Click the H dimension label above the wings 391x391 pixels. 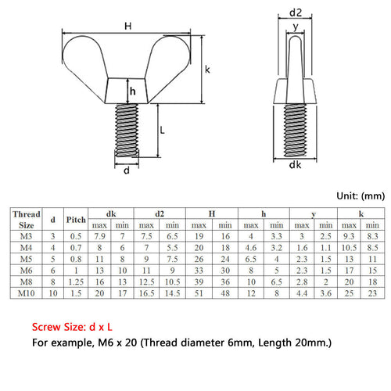pyautogui.click(x=127, y=26)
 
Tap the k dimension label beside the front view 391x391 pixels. pyautogui.click(x=207, y=70)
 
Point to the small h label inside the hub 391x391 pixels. pyautogui.click(x=133, y=91)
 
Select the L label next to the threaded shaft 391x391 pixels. pyautogui.click(x=162, y=130)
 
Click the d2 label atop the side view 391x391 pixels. pyautogui.click(x=296, y=13)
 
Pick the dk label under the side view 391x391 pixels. pyautogui.click(x=295, y=165)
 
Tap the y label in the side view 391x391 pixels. pyautogui.click(x=296, y=27)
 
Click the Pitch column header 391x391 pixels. pyautogui.click(x=76, y=220)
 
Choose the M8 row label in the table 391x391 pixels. pyautogui.click(x=26, y=282)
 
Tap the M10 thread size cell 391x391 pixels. pyautogui.click(x=26, y=293)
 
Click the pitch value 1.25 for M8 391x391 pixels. pyautogui.click(x=76, y=282)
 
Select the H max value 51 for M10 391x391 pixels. pyautogui.click(x=199, y=293)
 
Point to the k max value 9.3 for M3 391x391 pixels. pyautogui.click(x=349, y=236)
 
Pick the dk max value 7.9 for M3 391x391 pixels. pyautogui.click(x=99, y=236)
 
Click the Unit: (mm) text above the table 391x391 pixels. pyautogui.click(x=361, y=196)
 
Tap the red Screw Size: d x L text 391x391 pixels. pyautogui.click(x=72, y=327)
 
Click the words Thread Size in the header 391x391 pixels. pyautogui.click(x=27, y=220)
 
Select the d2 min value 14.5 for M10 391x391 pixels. pyautogui.click(x=172, y=293)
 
